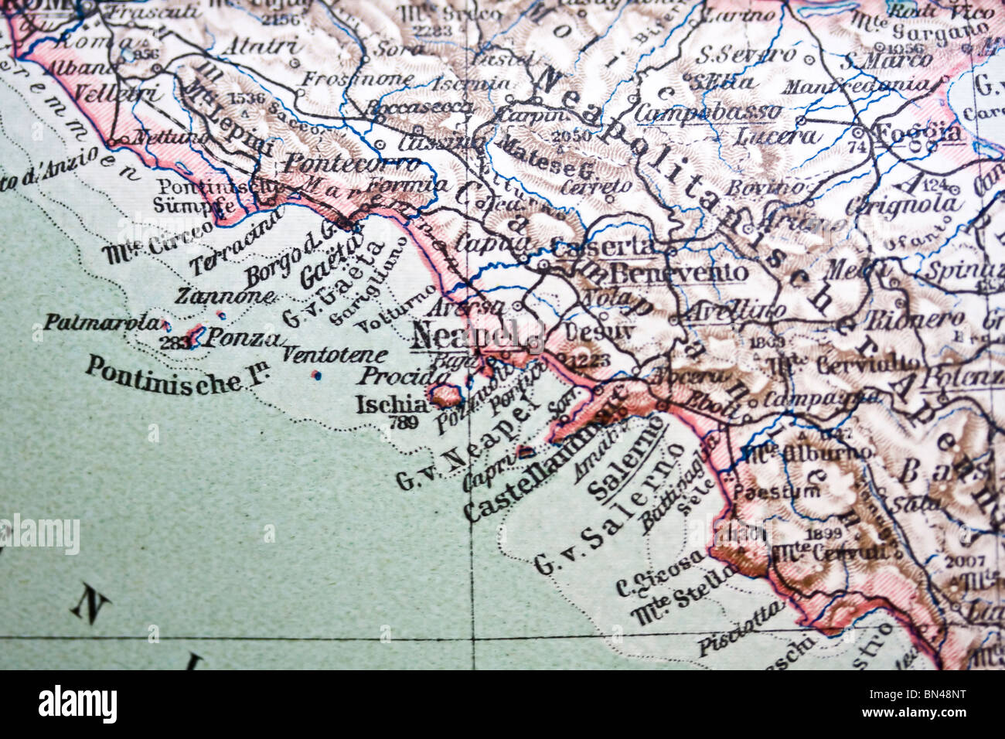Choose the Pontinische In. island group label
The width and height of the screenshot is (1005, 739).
click(x=162, y=376)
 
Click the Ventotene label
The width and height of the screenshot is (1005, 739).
click(x=333, y=356)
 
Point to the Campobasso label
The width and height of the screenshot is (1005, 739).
click(x=707, y=113)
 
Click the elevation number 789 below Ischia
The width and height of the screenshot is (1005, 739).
click(x=405, y=422)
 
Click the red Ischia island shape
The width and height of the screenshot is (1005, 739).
click(x=445, y=395)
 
